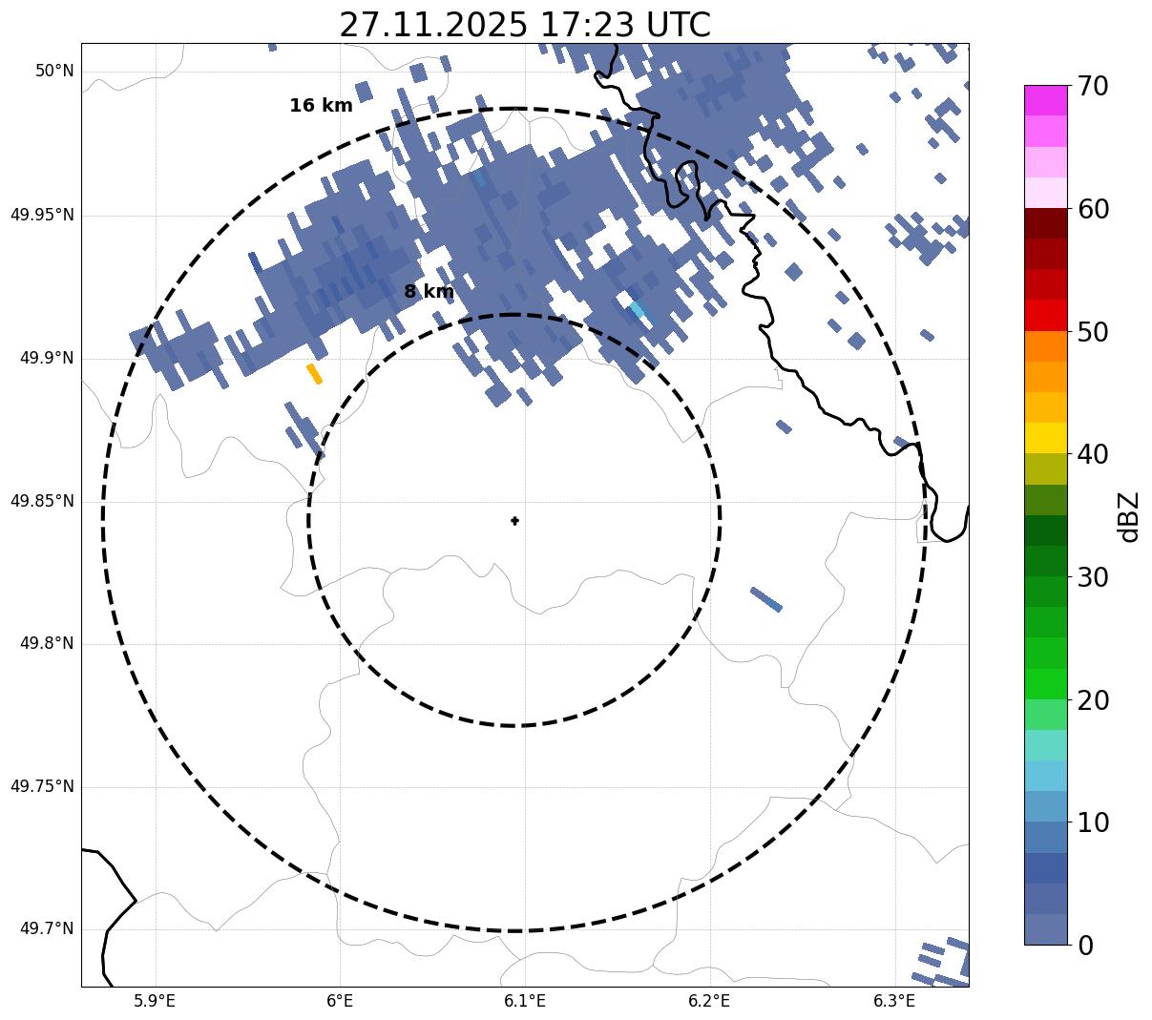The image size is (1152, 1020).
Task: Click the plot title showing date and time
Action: [x=524, y=25]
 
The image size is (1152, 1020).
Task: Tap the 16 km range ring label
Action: [x=321, y=106]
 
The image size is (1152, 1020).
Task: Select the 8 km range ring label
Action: [x=429, y=292]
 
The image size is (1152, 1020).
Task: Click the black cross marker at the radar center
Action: [x=514, y=520]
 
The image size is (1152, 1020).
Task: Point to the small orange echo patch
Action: [x=314, y=373]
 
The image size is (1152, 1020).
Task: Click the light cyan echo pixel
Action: [x=638, y=309]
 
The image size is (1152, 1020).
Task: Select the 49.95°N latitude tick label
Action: [x=42, y=215]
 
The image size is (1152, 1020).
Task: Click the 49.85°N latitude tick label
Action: [x=42, y=501]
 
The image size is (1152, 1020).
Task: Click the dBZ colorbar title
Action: [x=1130, y=516]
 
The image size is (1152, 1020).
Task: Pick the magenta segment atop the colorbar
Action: [x=1045, y=100]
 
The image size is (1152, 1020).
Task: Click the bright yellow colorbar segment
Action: [x=1045, y=438]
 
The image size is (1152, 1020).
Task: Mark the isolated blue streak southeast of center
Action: [x=766, y=599]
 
